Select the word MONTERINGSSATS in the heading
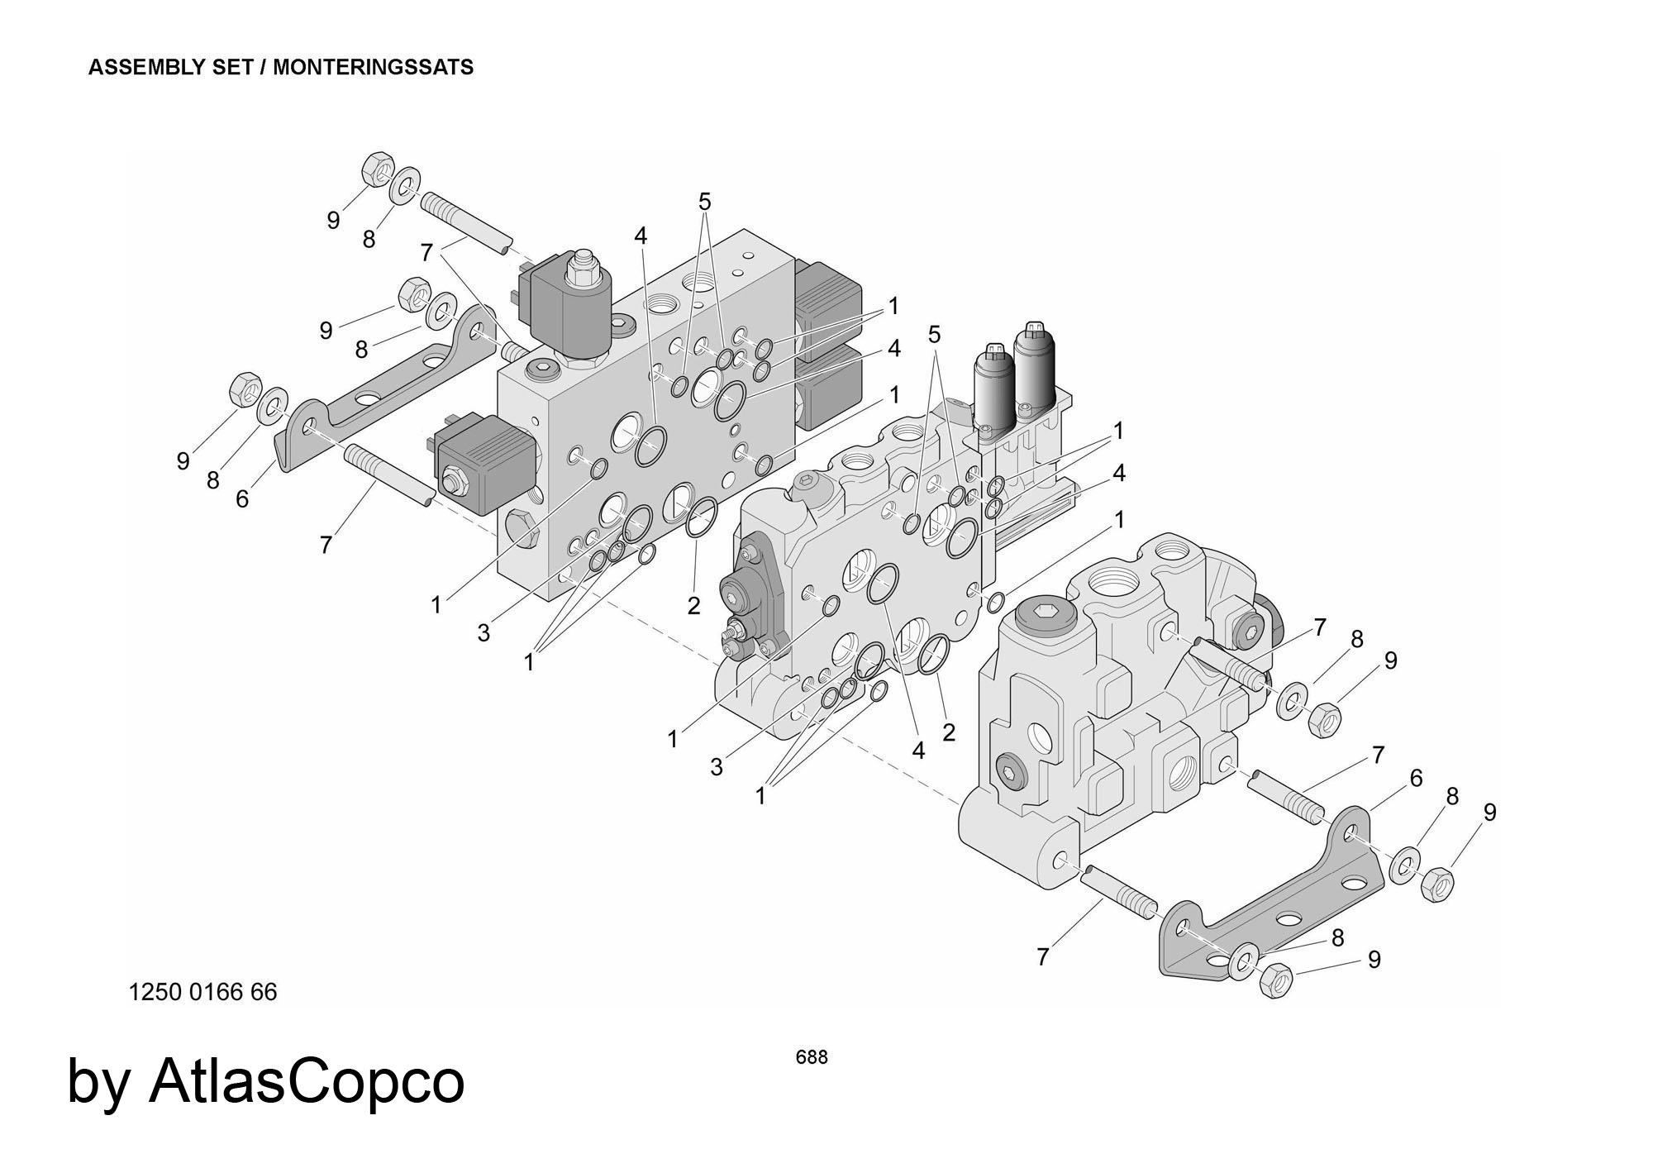click(373, 67)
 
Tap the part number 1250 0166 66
click(202, 991)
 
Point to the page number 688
click(811, 1057)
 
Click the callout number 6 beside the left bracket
click(242, 499)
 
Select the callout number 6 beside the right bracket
click(1416, 779)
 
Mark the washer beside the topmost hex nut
click(405, 185)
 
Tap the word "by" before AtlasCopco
click(98, 1083)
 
